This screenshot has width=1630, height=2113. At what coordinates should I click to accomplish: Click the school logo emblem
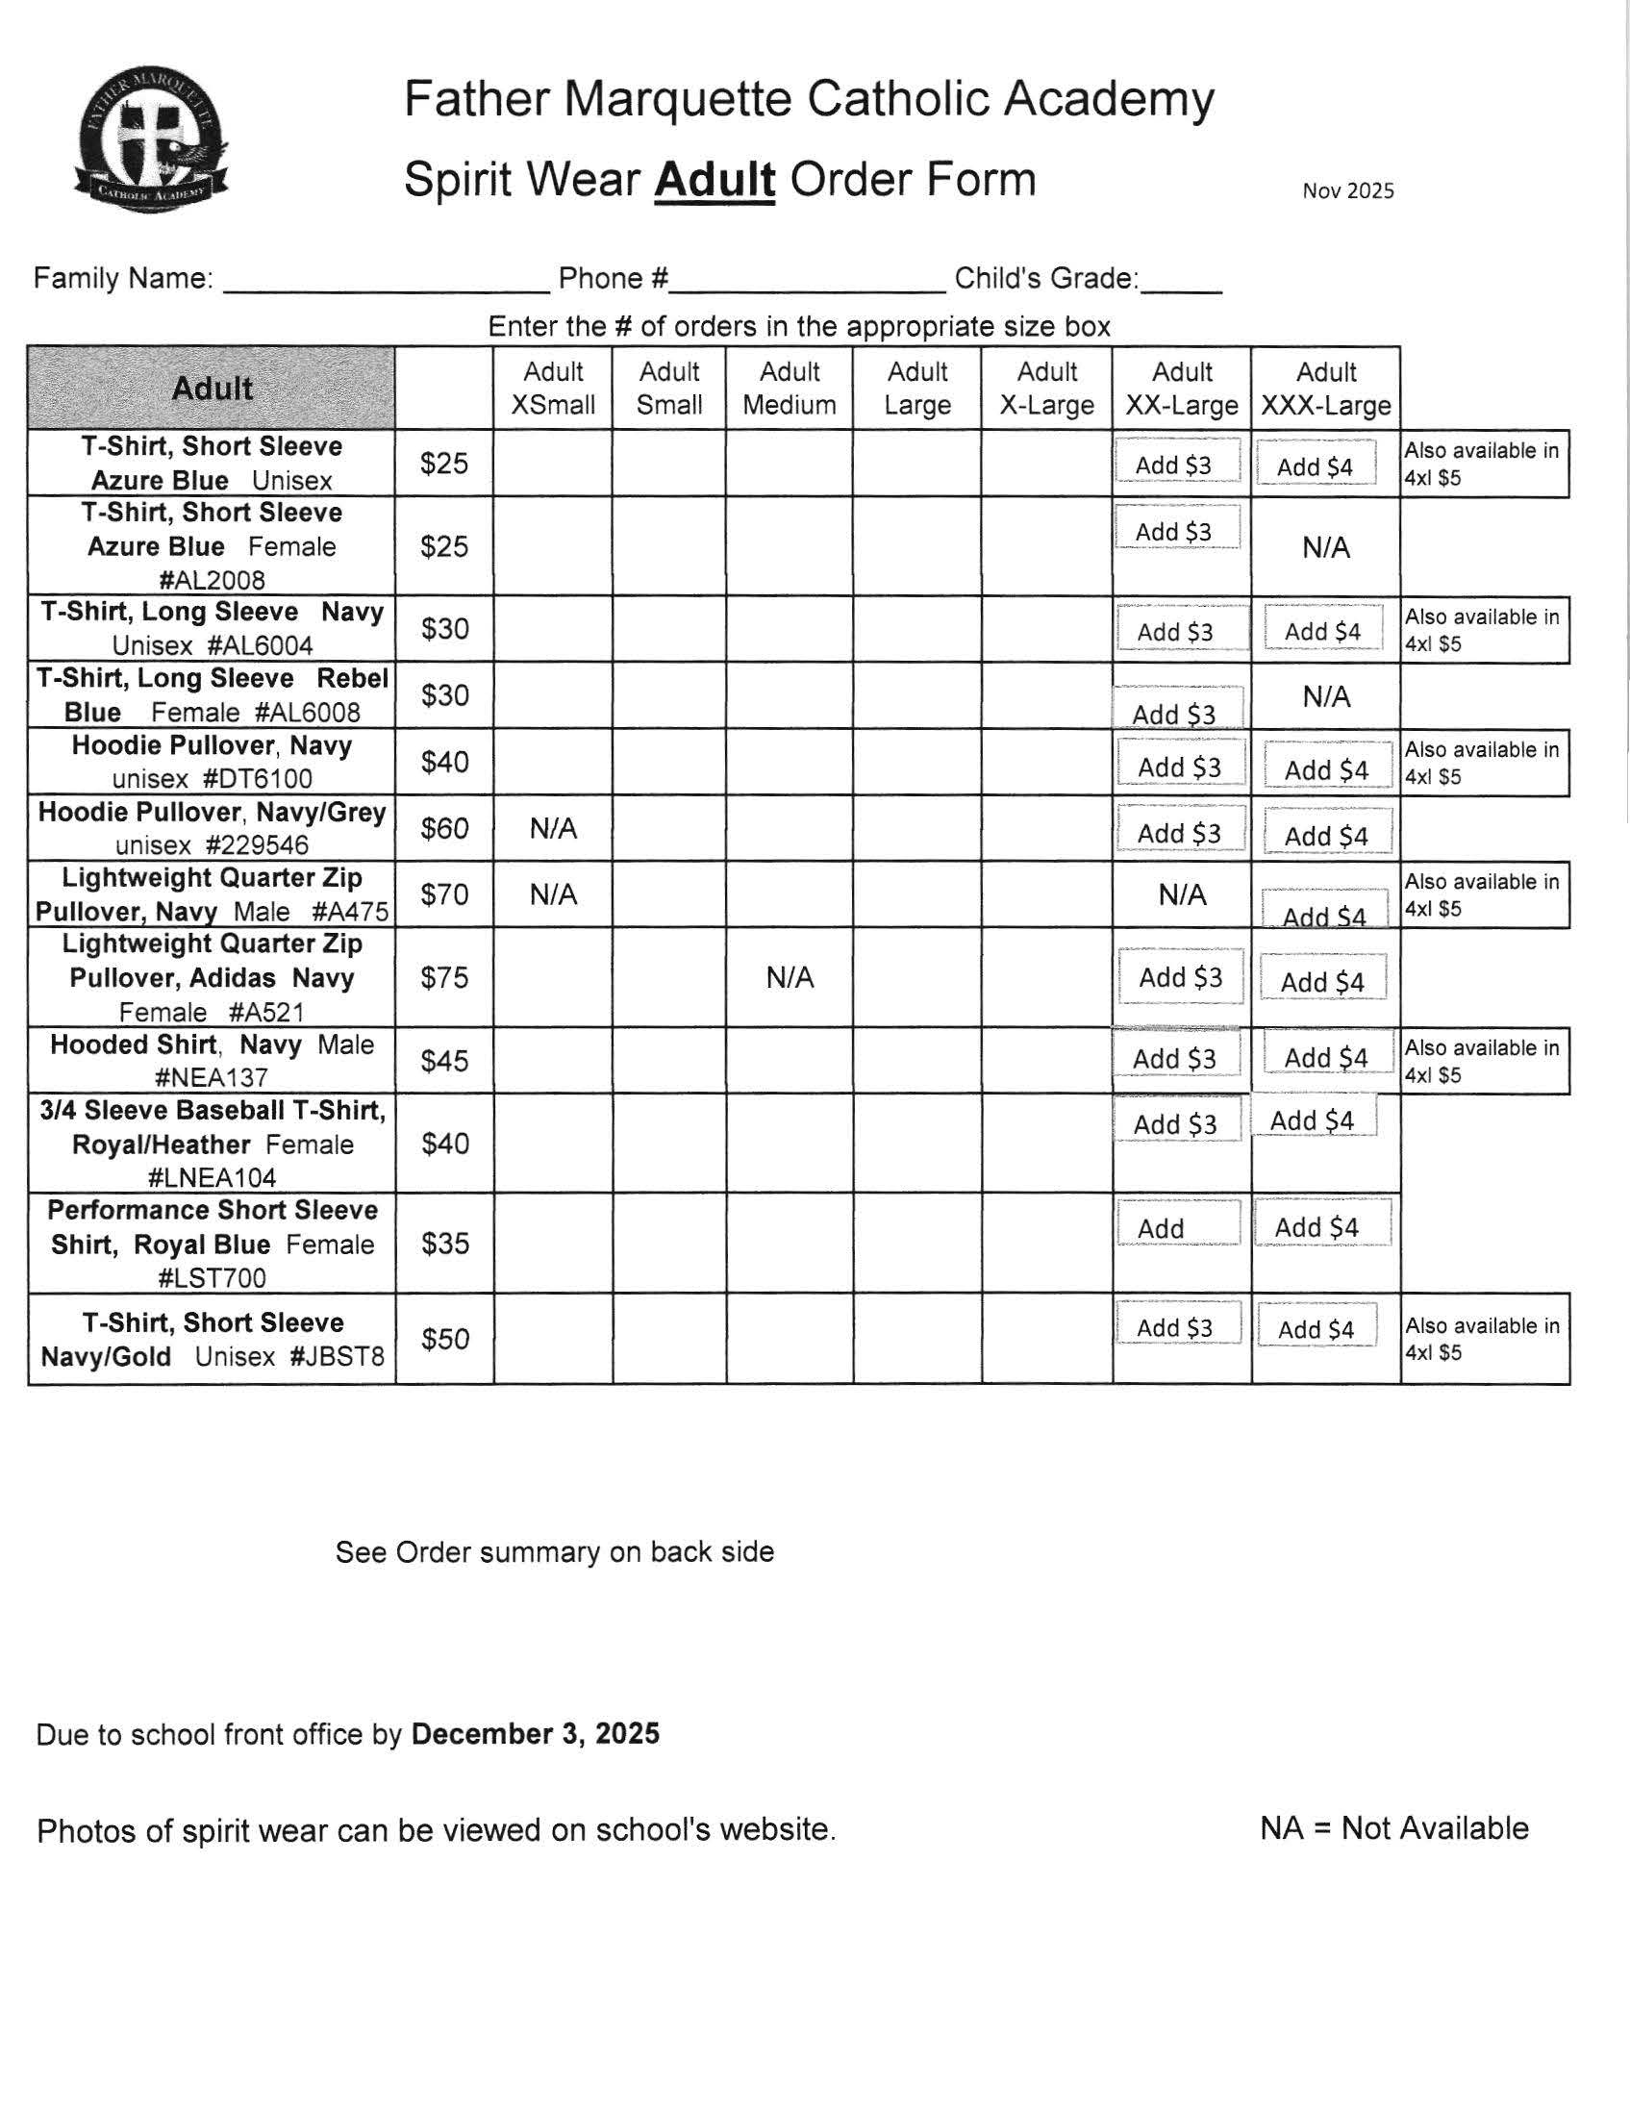tap(151, 140)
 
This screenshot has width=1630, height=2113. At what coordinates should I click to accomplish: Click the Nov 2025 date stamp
tap(1347, 190)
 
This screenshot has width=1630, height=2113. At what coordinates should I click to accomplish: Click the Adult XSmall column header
tap(552, 388)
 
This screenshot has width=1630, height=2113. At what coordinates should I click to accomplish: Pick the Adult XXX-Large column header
tap(1325, 388)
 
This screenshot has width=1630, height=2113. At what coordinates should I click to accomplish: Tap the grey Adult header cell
tap(212, 388)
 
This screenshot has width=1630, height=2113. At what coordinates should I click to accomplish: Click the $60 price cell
tap(444, 828)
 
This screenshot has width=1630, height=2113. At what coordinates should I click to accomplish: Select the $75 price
tap(444, 977)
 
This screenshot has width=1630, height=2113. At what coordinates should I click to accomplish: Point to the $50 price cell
tap(444, 1339)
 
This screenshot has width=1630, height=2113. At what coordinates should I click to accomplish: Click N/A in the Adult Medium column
tap(790, 977)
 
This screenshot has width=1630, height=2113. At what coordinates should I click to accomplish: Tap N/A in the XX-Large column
tap(1181, 895)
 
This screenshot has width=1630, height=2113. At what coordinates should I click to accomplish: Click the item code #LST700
tap(212, 1278)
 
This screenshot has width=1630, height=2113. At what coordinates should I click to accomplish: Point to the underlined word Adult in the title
tap(714, 180)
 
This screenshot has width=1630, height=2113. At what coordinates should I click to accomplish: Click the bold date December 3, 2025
tap(535, 1733)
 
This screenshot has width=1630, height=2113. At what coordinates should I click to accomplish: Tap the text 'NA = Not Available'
tap(1393, 1827)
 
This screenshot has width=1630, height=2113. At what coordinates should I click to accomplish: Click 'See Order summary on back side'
tap(554, 1552)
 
